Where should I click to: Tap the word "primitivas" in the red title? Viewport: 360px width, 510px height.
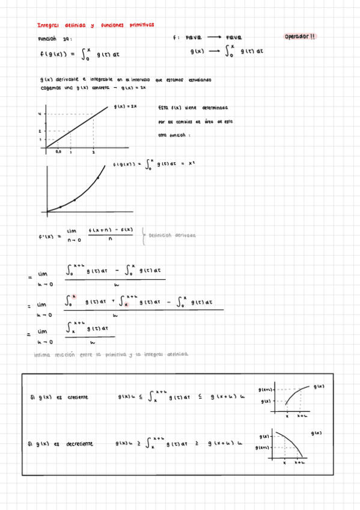(140, 25)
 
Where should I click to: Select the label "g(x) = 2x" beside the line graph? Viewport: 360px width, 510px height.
(126, 106)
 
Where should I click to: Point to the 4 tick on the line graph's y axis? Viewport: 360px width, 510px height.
(40, 114)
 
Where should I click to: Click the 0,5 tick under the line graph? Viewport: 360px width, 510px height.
(58, 152)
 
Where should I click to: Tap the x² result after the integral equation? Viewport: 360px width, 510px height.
(192, 162)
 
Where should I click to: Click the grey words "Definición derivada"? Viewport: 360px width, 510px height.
(172, 235)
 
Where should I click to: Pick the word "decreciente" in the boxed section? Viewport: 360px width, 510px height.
(79, 444)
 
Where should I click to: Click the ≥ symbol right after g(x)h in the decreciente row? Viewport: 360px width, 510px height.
(138, 444)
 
